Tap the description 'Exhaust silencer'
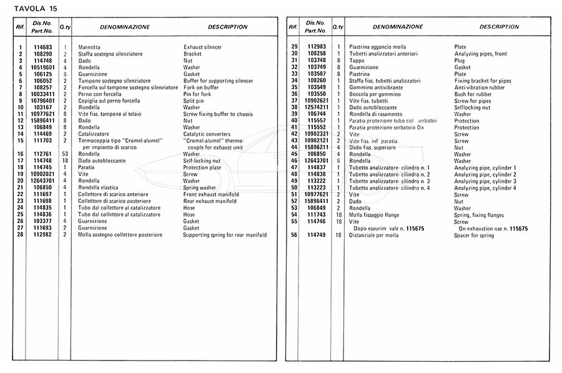[x=202, y=47]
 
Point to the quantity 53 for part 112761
[x=64, y=154]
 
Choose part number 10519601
[x=42, y=67]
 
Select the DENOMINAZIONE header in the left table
[x=125, y=27]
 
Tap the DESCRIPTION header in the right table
[x=499, y=27]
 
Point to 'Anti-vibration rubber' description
[x=480, y=87]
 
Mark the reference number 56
[x=293, y=235]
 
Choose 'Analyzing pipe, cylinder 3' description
[x=485, y=181]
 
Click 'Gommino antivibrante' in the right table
[x=377, y=87]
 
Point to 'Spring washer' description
[x=200, y=188]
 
